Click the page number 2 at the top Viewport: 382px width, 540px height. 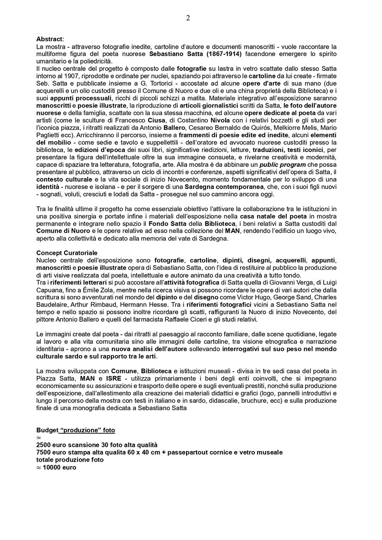click(188, 18)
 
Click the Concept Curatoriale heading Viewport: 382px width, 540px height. click(67, 253)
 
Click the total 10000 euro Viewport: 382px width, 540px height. click(58, 467)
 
